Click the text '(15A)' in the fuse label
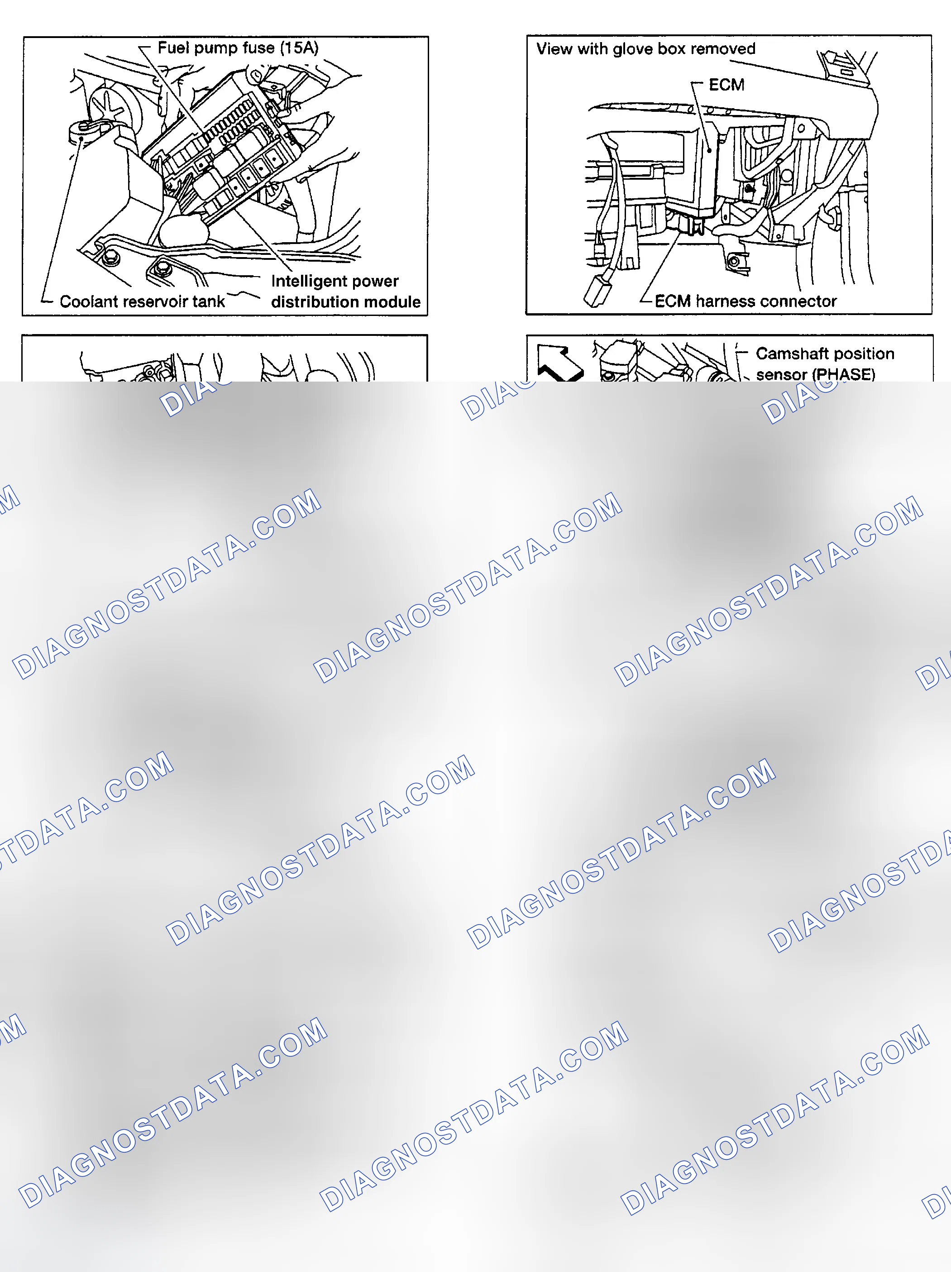pyautogui.click(x=299, y=48)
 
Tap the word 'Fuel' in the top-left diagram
pyautogui.click(x=173, y=47)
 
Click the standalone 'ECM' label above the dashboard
pyautogui.click(x=726, y=85)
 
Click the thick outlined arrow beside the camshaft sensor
pyautogui.click(x=559, y=362)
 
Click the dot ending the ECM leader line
pyautogui.click(x=710, y=151)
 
